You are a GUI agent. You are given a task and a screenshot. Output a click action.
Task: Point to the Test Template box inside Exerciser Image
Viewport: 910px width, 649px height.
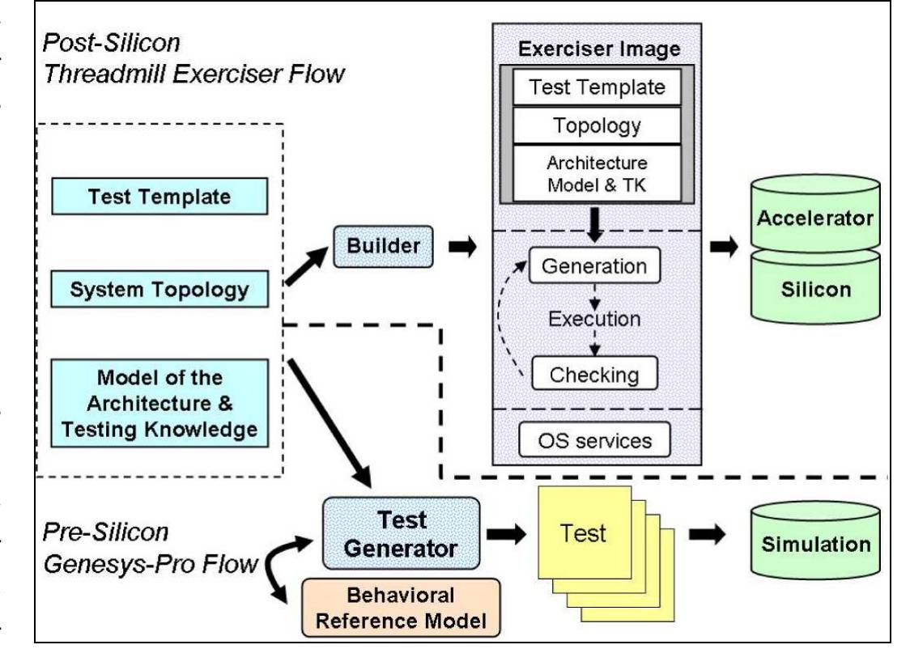pos(597,87)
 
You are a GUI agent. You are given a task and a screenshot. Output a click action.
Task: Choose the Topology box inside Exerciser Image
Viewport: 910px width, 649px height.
pos(597,125)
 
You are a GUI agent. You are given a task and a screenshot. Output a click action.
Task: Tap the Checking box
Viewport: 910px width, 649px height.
pos(594,375)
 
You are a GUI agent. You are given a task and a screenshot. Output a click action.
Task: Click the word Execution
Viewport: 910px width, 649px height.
pos(594,319)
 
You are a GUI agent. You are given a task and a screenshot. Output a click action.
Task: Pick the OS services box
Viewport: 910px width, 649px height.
pos(594,441)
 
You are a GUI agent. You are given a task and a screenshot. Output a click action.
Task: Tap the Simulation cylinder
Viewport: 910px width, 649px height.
pos(814,543)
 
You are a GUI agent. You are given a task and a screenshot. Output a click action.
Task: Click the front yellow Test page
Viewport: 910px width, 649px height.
pos(584,533)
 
